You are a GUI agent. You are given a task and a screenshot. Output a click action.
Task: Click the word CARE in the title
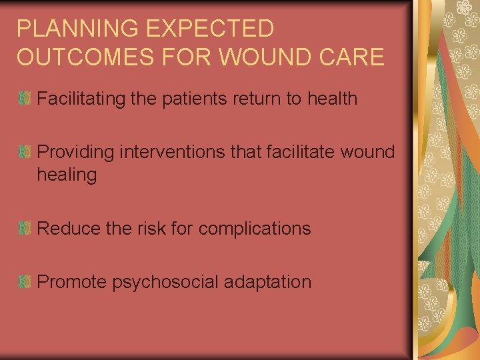[356, 57]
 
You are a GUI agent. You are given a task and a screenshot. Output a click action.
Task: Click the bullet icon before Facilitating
[24, 99]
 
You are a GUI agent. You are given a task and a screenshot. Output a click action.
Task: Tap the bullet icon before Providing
[24, 152]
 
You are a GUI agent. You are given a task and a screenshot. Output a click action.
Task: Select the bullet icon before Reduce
[24, 229]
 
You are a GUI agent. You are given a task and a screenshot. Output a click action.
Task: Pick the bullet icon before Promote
[24, 282]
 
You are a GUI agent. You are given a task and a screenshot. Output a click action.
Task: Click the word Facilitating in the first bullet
[79, 99]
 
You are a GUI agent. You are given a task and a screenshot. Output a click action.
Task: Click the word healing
[67, 175]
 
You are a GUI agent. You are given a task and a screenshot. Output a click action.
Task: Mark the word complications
[255, 229]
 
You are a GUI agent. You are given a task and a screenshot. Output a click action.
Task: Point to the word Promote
[71, 282]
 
